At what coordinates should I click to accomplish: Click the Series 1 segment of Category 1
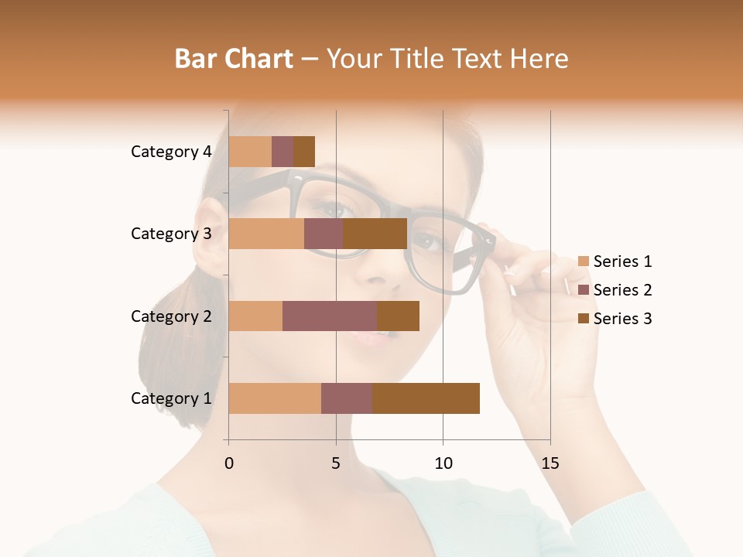tap(275, 398)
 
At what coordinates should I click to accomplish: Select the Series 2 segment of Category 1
tap(347, 398)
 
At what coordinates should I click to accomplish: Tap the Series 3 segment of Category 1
tap(426, 398)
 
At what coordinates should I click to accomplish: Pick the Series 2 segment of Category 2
tap(330, 316)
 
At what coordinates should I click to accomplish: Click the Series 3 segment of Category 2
tap(398, 316)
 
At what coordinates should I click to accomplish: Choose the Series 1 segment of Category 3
tap(266, 234)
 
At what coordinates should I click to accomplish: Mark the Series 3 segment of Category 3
tap(375, 234)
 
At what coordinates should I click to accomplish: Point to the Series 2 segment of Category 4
tap(282, 152)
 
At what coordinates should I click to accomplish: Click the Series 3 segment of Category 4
tap(304, 152)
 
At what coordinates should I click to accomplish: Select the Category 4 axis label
tap(171, 152)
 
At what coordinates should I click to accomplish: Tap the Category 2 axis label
tap(171, 316)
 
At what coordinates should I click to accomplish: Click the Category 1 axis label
tap(171, 398)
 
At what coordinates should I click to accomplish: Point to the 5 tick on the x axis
tap(336, 463)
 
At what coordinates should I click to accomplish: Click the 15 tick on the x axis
tap(550, 463)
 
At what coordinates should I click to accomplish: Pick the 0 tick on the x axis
tap(229, 463)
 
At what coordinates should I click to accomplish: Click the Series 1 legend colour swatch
tap(584, 261)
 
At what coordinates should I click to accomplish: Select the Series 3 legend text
tap(622, 319)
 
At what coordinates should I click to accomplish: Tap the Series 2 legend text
tap(622, 290)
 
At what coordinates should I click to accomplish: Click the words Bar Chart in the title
tap(234, 59)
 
